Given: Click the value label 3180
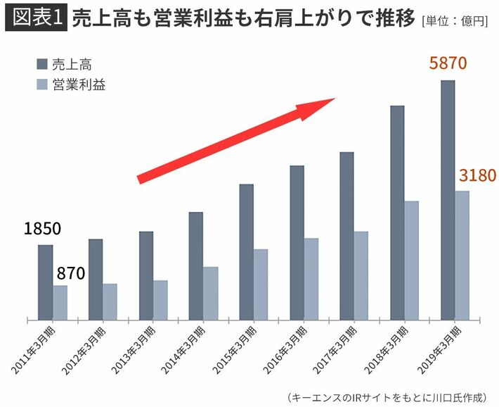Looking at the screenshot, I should tap(478, 175).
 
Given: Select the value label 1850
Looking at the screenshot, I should tap(42, 230).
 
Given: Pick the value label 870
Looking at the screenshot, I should tap(70, 273).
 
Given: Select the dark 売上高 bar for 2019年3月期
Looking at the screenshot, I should tap(447, 200).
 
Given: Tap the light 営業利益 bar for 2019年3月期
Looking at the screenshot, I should tap(462, 255).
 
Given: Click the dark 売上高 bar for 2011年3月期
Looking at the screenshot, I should tap(45, 282).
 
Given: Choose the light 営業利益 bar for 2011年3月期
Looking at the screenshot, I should tap(60, 302).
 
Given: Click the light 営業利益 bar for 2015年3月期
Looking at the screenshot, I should tap(261, 284).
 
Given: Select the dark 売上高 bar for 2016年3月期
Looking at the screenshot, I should tap(297, 242).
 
